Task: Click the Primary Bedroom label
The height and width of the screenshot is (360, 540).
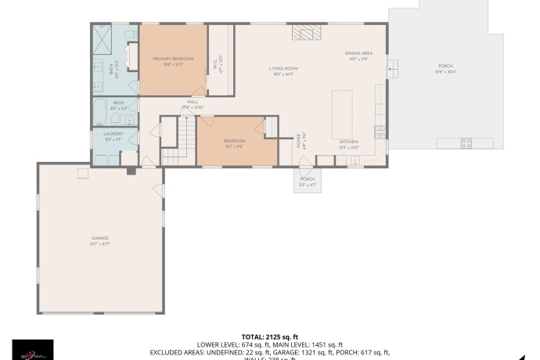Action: (173, 59)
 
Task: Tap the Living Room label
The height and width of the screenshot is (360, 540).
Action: (283, 69)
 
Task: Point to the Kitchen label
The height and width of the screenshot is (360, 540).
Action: (348, 142)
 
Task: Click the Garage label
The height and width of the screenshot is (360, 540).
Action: (99, 238)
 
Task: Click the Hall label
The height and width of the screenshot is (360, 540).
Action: (192, 102)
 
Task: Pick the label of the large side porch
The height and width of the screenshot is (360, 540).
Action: (446, 66)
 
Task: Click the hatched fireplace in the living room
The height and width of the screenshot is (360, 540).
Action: (306, 31)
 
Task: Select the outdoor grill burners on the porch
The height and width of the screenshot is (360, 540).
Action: (466, 142)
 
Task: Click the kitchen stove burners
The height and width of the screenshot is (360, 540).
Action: (379, 130)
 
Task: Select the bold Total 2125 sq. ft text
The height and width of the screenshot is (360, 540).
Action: (270, 336)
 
